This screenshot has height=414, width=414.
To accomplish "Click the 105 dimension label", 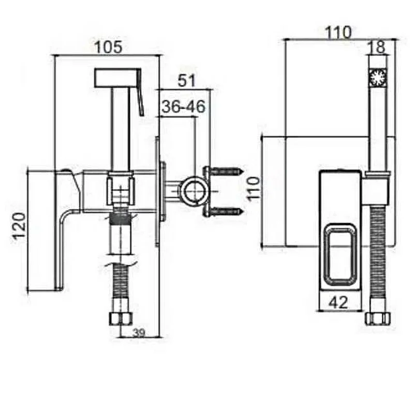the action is click(109, 47).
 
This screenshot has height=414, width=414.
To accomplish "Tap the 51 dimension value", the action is click(186, 80).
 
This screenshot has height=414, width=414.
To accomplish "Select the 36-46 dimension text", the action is click(184, 107).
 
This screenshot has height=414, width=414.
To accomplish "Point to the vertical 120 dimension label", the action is click(20, 226).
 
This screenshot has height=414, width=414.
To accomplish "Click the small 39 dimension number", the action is click(139, 333).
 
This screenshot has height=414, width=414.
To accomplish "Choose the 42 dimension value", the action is click(339, 302).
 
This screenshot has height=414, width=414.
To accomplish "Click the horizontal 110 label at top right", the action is click(338, 32).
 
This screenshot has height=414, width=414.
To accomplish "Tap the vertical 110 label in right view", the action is click(254, 189).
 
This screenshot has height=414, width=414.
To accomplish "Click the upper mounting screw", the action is click(228, 171).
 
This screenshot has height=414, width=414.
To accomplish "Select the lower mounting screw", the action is click(228, 211).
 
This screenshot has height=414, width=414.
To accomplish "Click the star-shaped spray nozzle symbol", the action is click(378, 77).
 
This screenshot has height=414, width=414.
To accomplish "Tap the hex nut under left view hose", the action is click(121, 319).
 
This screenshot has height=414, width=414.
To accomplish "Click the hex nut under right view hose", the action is click(378, 319).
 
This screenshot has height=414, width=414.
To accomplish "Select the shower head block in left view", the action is click(116, 78).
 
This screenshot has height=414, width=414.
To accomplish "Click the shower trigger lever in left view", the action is click(140, 92).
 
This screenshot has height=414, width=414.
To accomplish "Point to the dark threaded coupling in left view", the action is click(120, 215).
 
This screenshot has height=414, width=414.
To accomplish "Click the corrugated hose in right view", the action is click(378, 259).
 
